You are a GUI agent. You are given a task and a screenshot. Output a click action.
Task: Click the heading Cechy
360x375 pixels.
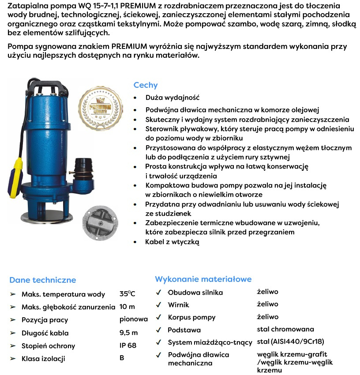[x=145, y=85]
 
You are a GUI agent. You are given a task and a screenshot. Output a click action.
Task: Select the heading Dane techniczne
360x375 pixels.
[x=42, y=280]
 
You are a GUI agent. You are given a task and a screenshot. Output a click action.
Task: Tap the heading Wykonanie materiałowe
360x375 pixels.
[x=203, y=279]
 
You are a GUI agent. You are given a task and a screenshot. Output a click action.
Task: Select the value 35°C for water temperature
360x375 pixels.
[x=127, y=294]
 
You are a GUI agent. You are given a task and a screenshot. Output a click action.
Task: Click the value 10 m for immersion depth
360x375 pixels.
[x=127, y=307]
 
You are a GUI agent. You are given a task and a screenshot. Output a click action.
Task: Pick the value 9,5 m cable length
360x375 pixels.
[x=128, y=333]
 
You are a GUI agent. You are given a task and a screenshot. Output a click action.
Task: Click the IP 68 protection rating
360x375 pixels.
[x=128, y=345]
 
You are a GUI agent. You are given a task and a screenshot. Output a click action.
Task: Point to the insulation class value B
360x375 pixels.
[x=122, y=358]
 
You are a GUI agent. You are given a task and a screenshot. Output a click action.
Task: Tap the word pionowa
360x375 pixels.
[x=133, y=319]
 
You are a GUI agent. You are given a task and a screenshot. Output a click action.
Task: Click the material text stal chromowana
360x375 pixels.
[x=285, y=329]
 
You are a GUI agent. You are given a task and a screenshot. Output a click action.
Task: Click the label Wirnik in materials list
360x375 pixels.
[x=178, y=304]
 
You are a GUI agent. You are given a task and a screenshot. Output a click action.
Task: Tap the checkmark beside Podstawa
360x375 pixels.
[x=158, y=330]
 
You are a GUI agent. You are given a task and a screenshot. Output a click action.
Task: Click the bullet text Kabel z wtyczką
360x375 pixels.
[x=172, y=242]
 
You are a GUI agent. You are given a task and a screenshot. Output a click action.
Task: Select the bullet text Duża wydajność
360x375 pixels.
[x=172, y=97]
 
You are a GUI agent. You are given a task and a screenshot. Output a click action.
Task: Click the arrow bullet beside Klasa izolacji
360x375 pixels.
[x=12, y=358]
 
